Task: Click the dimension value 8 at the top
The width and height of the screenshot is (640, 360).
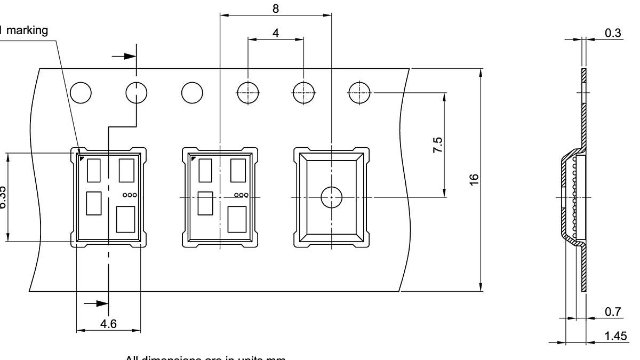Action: (276, 9)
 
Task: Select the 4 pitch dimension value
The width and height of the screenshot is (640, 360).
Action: (276, 33)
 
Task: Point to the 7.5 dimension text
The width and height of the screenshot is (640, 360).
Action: (437, 145)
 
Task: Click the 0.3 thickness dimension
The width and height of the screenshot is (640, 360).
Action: (613, 33)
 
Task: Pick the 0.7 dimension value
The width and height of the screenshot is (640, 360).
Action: (613, 312)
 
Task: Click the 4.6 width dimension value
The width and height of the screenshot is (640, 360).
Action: (108, 324)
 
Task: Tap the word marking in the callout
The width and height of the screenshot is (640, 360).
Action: (27, 30)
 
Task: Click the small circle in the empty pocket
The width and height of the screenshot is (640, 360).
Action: (331, 197)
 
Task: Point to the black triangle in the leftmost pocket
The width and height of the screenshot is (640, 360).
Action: (82, 158)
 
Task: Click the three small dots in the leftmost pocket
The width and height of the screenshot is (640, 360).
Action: (130, 195)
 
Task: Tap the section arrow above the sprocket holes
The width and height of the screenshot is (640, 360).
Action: (125, 56)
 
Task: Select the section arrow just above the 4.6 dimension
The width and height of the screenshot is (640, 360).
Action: (96, 303)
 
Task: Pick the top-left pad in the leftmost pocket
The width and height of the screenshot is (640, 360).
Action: (94, 170)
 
